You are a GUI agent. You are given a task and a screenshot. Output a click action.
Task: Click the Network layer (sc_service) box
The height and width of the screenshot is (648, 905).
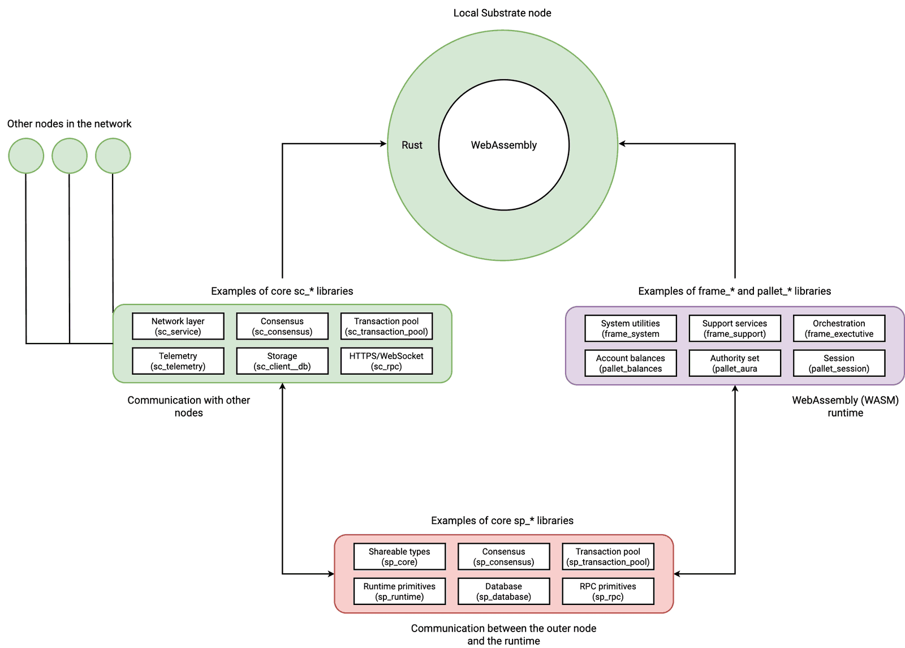(x=178, y=327)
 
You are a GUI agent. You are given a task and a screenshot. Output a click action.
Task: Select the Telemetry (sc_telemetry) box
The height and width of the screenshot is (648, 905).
(x=178, y=361)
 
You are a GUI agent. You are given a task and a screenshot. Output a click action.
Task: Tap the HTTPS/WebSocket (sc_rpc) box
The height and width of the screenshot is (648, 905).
(x=386, y=361)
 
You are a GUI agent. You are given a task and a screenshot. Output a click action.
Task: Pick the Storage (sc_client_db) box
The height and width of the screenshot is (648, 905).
(x=282, y=361)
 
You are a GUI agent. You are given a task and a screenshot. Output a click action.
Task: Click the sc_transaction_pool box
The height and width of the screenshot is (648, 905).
(x=386, y=327)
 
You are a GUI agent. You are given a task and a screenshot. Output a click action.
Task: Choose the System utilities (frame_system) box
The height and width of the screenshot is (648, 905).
(x=630, y=329)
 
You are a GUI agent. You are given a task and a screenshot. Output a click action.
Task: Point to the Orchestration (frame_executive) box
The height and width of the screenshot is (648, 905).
(x=839, y=329)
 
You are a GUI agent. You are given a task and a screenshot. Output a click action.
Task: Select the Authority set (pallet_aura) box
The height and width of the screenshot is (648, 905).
(x=734, y=363)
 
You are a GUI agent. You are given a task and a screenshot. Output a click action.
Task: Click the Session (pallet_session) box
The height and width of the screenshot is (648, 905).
(x=839, y=363)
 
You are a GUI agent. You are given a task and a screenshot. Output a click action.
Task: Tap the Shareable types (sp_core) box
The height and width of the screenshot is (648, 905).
(x=399, y=557)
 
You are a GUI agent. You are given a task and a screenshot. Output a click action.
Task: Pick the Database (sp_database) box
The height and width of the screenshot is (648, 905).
(x=503, y=591)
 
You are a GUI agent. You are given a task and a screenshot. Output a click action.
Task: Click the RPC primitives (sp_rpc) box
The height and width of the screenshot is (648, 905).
(x=607, y=591)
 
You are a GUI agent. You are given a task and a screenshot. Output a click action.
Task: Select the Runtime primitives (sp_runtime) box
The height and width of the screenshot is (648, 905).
(x=399, y=591)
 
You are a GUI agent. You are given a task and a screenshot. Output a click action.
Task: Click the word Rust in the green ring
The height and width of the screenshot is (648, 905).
(x=412, y=145)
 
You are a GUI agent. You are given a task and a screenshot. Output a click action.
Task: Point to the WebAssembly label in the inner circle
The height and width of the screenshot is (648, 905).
(x=503, y=145)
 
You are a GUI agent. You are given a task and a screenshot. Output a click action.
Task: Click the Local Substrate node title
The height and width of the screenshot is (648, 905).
(x=502, y=13)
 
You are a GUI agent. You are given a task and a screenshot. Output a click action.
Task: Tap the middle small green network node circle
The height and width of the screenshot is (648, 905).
(x=70, y=156)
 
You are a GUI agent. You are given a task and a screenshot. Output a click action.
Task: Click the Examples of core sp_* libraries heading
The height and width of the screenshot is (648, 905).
(x=502, y=521)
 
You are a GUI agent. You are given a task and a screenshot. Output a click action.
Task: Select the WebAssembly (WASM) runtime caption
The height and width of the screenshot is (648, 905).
(x=845, y=406)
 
